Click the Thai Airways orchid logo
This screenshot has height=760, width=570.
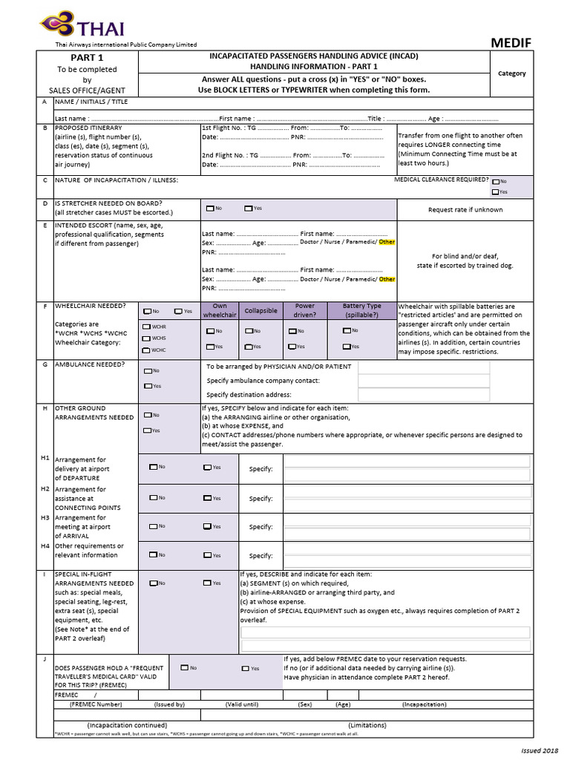(x=56, y=26)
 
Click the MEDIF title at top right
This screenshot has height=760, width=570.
(x=511, y=42)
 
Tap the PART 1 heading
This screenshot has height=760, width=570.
(x=87, y=58)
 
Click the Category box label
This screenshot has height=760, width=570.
(x=511, y=73)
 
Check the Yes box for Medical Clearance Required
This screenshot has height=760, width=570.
(x=495, y=191)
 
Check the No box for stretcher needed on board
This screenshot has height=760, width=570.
(x=211, y=209)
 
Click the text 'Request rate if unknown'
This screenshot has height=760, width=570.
(x=465, y=209)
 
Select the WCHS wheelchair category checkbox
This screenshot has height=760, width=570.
(x=147, y=338)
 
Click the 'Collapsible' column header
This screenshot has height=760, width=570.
(x=261, y=310)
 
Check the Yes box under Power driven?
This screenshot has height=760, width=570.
(x=292, y=347)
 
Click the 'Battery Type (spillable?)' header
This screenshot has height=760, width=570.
(x=361, y=310)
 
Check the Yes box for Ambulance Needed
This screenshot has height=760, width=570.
(x=148, y=386)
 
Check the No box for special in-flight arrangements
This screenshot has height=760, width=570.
(x=153, y=583)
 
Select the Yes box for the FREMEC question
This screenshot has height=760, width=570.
(x=246, y=668)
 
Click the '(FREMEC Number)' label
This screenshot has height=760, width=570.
(x=95, y=704)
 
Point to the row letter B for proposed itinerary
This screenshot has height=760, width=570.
(x=45, y=127)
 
